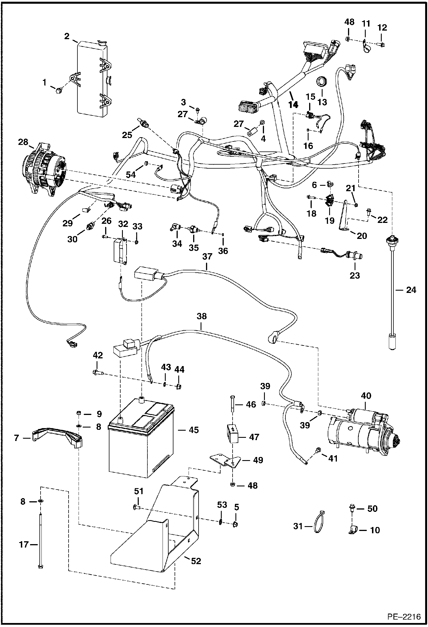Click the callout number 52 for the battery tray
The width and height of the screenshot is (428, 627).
tap(196, 561)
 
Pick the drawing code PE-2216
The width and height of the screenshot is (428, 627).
tap(404, 617)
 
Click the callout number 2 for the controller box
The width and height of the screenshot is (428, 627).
tap(67, 37)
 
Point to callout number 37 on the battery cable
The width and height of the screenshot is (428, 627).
tap(207, 256)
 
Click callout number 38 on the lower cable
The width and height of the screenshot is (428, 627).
tap(201, 316)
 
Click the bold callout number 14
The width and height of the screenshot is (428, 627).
tap(293, 105)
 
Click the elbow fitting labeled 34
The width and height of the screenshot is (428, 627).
tap(175, 227)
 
